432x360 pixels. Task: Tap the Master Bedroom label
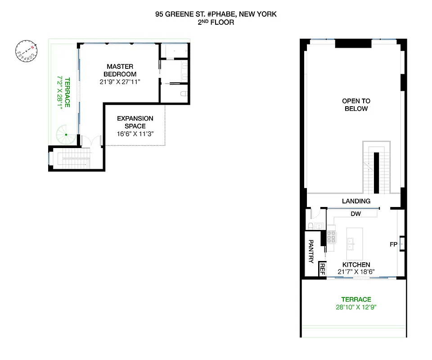click(120, 70)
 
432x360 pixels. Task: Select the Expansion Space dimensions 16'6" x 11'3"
click(135, 134)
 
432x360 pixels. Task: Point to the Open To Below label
click(356, 105)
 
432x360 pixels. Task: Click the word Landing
click(356, 201)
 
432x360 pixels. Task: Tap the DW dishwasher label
click(355, 214)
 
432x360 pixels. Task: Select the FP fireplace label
click(393, 244)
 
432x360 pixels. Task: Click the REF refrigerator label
click(322, 269)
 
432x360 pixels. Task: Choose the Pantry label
click(310, 251)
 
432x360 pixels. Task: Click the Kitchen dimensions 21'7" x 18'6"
click(356, 272)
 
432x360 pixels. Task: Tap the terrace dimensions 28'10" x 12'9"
click(356, 307)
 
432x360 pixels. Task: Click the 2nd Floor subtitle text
click(216, 22)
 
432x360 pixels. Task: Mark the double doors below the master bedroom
click(91, 140)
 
